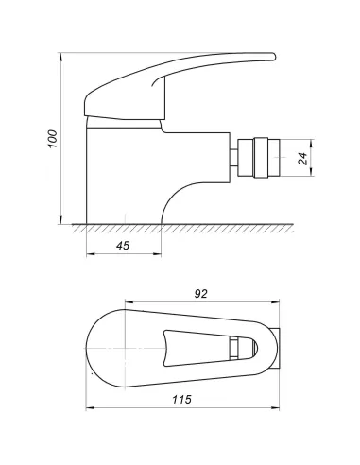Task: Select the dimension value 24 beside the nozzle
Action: (x=301, y=160)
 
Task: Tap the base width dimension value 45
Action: (x=122, y=246)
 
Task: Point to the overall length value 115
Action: (x=183, y=401)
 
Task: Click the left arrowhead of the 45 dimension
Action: (x=89, y=257)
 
